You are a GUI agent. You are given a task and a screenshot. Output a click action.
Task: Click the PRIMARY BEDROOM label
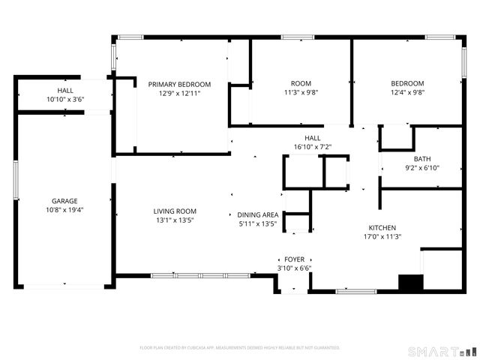click(x=179, y=84)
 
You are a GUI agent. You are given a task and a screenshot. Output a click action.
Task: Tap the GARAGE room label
click(x=65, y=201)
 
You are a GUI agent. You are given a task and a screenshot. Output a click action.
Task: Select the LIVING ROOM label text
click(x=175, y=211)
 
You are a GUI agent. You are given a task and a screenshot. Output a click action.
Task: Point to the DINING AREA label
click(x=257, y=214)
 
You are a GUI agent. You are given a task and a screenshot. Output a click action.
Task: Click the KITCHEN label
click(x=382, y=227)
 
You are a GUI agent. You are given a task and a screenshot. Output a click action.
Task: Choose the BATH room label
click(x=422, y=158)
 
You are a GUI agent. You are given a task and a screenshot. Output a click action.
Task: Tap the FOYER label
click(x=294, y=259)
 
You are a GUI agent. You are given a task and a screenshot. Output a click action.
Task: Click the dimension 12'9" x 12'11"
click(x=179, y=93)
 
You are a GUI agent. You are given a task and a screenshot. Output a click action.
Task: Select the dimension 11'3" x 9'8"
click(x=300, y=93)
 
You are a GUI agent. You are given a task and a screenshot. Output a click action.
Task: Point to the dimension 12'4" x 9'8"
click(x=407, y=93)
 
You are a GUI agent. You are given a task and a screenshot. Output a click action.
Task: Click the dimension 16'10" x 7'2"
click(x=312, y=147)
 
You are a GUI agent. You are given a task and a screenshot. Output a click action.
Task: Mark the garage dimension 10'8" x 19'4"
click(x=65, y=210)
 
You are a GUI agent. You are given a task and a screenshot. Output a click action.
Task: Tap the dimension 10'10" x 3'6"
click(x=65, y=99)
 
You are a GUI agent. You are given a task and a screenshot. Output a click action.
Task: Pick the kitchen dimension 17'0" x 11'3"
click(x=382, y=236)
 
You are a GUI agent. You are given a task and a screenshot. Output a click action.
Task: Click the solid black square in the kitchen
click(x=409, y=283)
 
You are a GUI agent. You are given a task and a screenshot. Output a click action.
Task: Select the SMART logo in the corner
click(x=442, y=351)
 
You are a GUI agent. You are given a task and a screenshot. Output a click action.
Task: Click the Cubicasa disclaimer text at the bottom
click(x=240, y=348)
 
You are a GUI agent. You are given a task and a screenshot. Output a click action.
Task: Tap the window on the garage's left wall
click(x=16, y=179)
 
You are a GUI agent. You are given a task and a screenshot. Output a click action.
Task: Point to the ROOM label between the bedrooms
click(x=300, y=83)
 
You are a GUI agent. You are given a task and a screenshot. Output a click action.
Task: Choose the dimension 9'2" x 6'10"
click(x=422, y=167)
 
